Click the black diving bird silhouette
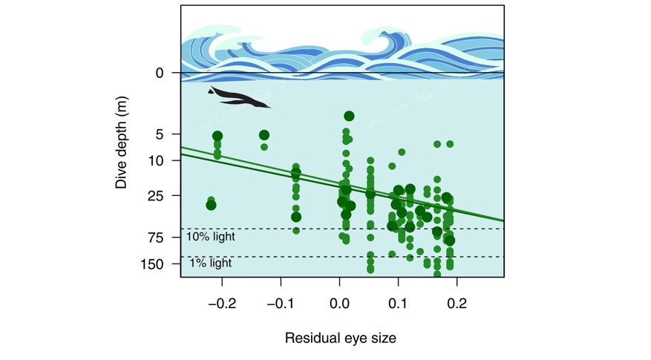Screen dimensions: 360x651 [x=238, y=97]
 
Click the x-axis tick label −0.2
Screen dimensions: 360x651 [x=220, y=304]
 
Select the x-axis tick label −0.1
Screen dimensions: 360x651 [x=280, y=304]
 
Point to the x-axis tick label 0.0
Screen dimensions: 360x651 [x=339, y=304]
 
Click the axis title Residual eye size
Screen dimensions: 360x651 [x=340, y=338]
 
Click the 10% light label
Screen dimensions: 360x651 [x=211, y=237]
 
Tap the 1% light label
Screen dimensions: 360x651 [x=211, y=264]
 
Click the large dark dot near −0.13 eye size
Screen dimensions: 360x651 [x=264, y=135]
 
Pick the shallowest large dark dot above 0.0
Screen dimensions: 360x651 [x=349, y=116]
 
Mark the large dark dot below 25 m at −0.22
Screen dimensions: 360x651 [x=211, y=206]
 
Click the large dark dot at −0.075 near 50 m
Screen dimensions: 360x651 [x=296, y=217]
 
